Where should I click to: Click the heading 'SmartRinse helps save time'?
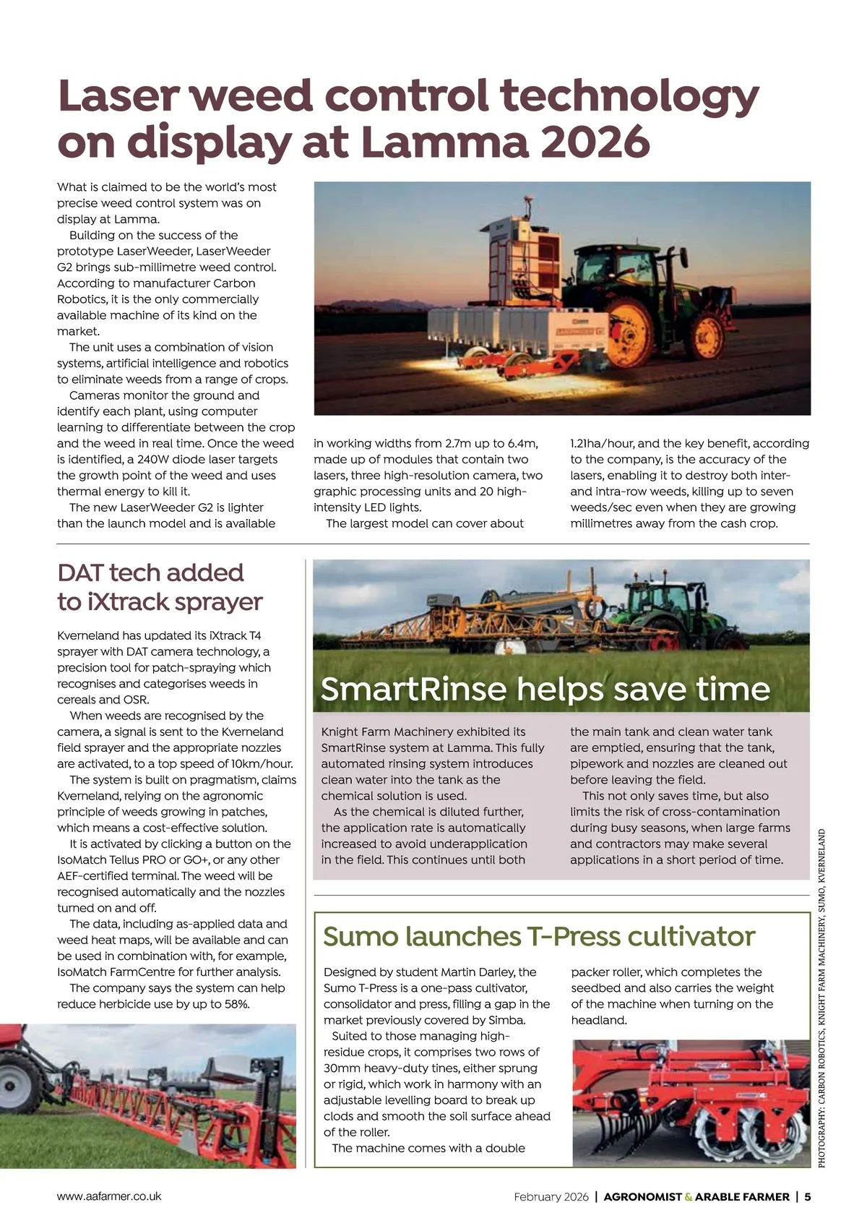click(x=545, y=689)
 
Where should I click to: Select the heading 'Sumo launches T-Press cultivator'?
click(x=538, y=936)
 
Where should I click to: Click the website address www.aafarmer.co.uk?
click(x=109, y=1196)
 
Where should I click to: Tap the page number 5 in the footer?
click(x=808, y=1196)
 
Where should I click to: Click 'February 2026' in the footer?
click(x=551, y=1196)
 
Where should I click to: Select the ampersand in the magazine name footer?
click(x=689, y=1197)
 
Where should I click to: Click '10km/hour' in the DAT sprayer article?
click(x=264, y=764)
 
